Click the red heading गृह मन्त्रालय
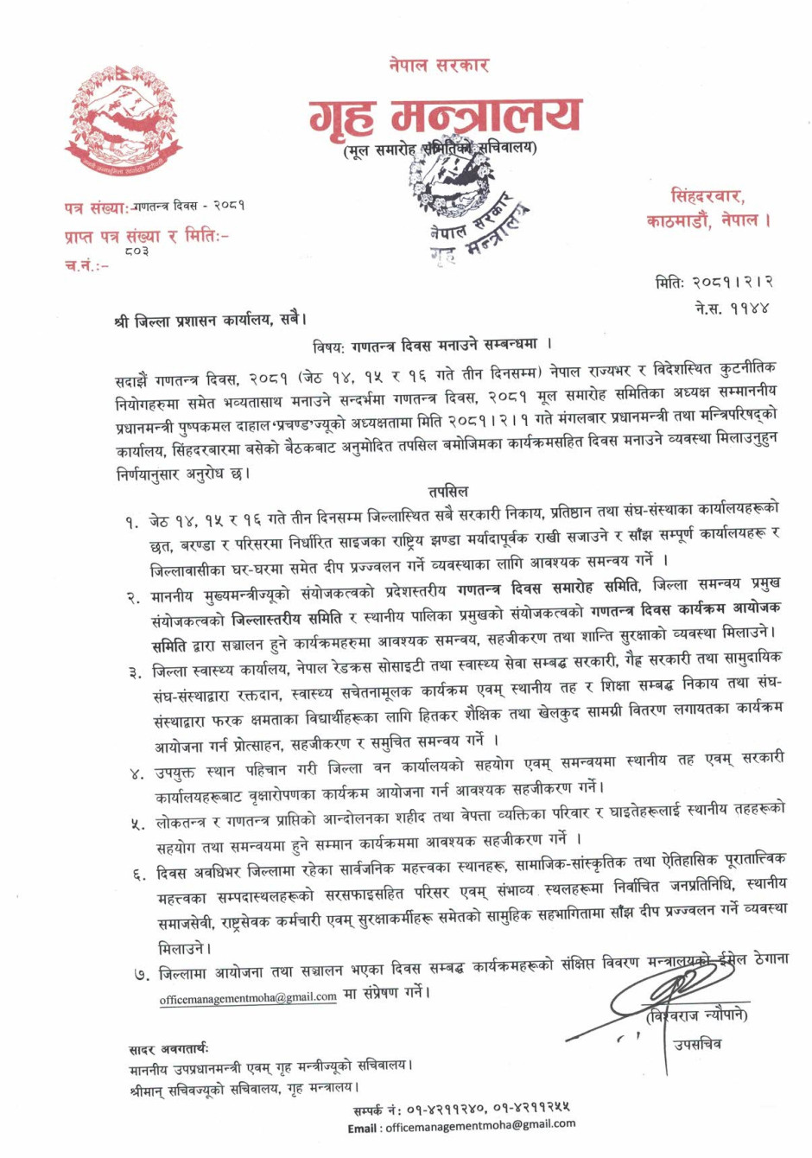(445, 117)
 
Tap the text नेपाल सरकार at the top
(439, 65)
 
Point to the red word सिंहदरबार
(707, 196)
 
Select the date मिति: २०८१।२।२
(714, 282)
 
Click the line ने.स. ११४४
(732, 307)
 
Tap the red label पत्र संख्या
(95, 207)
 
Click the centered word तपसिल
(448, 492)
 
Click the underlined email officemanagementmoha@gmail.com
(248, 997)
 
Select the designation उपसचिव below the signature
(697, 1044)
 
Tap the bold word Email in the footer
(363, 1128)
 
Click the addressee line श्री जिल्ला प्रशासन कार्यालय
(210, 320)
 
